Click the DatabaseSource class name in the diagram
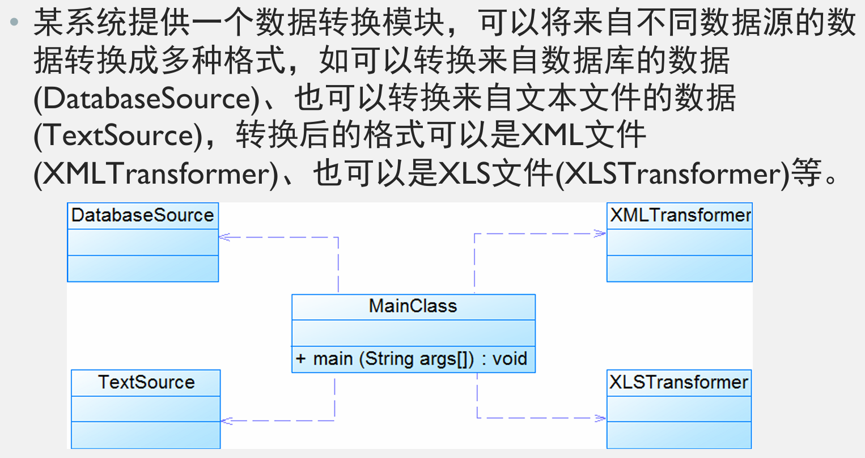pos(142,215)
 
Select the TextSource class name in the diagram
pos(146,382)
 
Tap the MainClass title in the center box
pos(413,306)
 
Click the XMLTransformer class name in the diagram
pos(680,215)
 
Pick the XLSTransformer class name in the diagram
pos(679,382)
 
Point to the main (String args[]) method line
pos(413,359)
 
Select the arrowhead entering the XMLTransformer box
pos(601,233)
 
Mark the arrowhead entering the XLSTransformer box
pos(601,418)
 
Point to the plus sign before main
pos(300,359)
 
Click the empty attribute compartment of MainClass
pos(413,333)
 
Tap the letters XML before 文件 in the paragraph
pos(552,136)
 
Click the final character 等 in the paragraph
pos(807,173)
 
